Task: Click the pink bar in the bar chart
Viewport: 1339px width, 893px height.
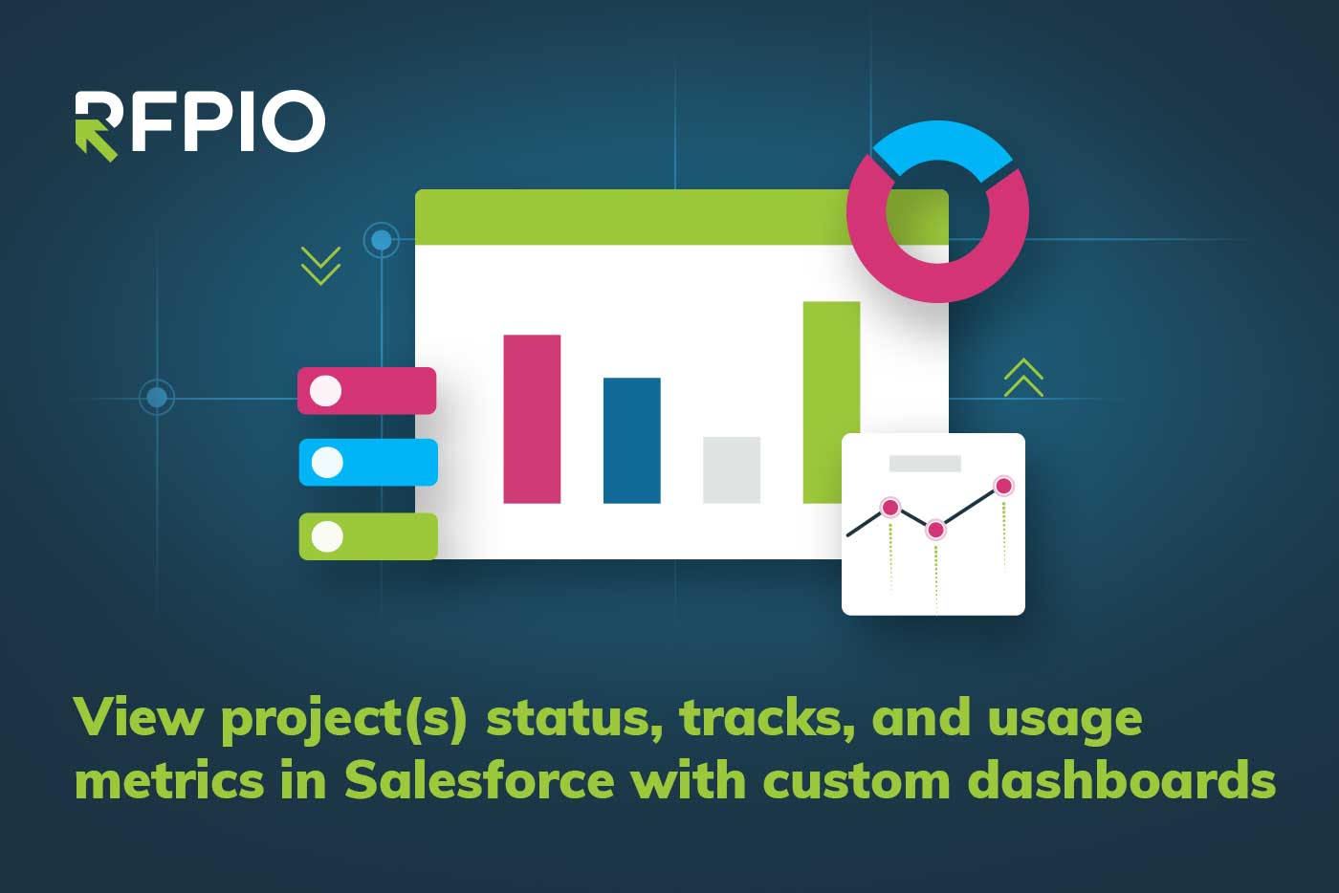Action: point(532,419)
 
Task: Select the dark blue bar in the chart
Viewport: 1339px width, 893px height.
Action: point(632,441)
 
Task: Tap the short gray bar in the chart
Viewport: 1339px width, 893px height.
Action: point(732,469)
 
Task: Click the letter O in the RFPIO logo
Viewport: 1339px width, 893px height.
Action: point(294,120)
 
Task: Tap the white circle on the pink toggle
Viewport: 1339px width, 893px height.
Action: point(325,391)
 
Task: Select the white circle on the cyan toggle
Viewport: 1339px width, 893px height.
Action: point(327,462)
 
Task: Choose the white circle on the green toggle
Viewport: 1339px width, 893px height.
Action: point(327,536)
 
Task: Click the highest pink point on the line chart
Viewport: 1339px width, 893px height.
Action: point(1003,486)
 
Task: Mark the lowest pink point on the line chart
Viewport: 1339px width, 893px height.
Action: point(935,530)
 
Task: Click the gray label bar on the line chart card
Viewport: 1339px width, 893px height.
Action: point(925,464)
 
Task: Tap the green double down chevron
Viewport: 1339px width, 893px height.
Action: point(321,266)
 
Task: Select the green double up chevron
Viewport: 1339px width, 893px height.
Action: point(1023,378)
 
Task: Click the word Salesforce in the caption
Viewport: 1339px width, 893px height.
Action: point(479,779)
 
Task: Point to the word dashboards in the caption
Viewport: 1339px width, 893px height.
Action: point(1122,779)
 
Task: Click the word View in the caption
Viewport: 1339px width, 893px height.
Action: point(139,717)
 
